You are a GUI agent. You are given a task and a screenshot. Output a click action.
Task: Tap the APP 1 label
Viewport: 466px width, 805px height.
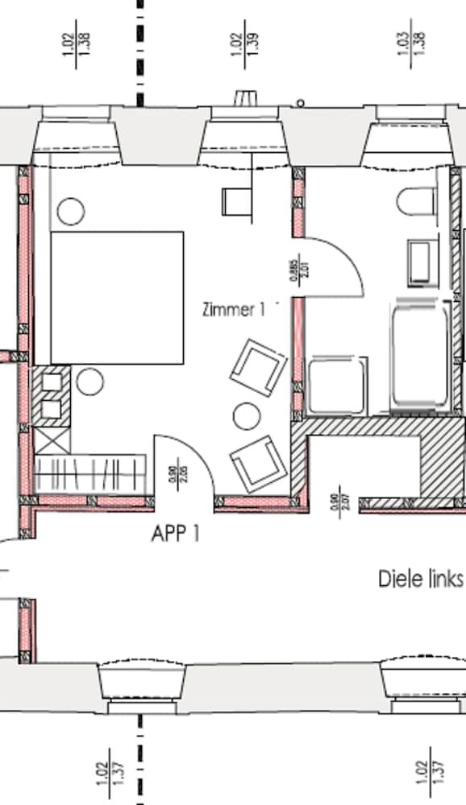(175, 533)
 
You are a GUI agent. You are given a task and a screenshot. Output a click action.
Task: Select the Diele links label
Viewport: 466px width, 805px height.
(420, 579)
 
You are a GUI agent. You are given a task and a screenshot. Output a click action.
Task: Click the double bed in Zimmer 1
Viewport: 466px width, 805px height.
(117, 297)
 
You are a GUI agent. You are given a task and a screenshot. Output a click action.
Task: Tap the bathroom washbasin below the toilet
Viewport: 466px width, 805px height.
(422, 262)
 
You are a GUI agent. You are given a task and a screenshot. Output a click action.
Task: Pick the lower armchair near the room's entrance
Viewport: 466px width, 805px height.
(258, 464)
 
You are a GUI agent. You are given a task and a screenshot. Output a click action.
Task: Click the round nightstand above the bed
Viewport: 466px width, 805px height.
(71, 211)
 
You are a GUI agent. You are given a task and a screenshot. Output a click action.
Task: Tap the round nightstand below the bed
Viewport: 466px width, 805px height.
(89, 380)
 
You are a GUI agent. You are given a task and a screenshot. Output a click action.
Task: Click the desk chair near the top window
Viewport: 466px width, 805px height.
(235, 200)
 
